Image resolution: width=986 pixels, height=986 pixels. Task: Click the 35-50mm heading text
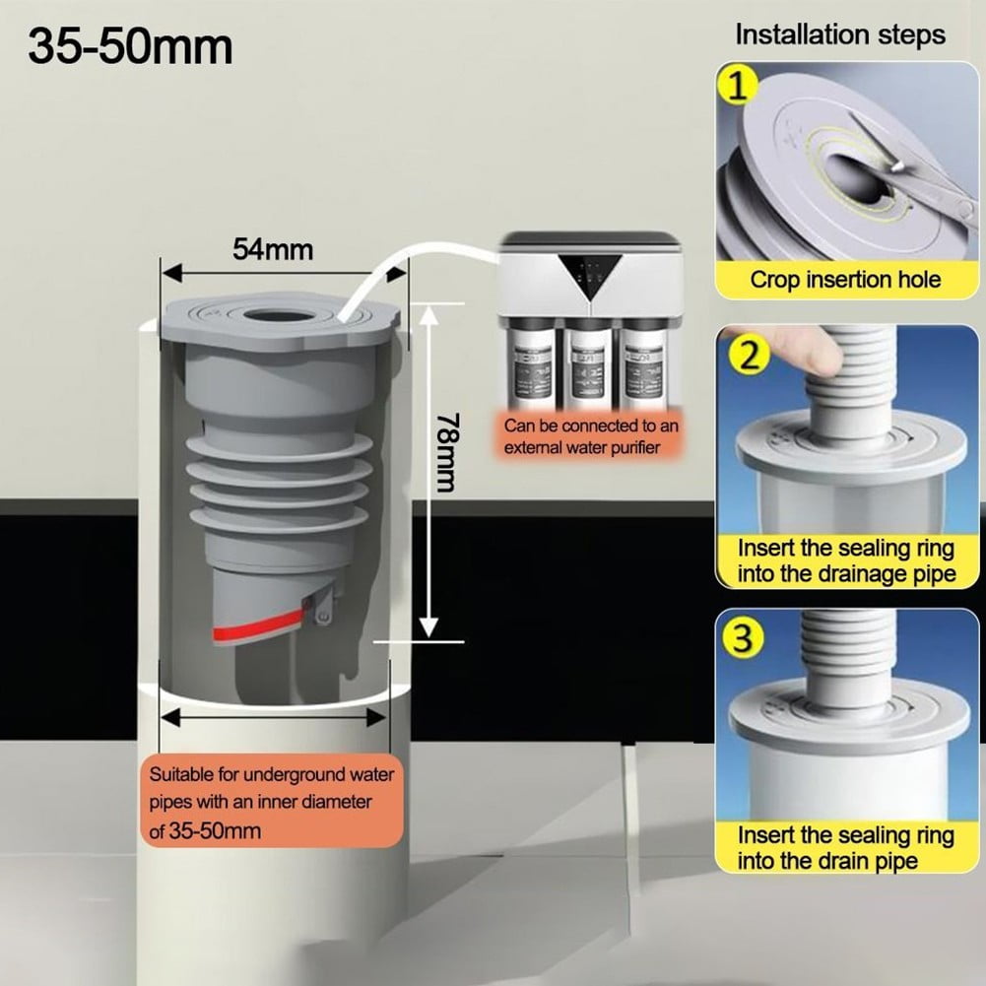(x=130, y=46)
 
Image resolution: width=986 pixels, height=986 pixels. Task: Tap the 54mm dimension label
(x=272, y=249)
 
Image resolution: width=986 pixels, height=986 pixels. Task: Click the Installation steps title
(x=839, y=35)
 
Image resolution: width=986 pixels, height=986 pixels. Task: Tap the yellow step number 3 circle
(x=743, y=639)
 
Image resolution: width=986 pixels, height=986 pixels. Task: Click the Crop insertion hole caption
(x=845, y=279)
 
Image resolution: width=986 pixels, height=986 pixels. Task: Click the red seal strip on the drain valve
(x=255, y=627)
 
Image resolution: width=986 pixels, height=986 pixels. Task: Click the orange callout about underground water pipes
(x=271, y=802)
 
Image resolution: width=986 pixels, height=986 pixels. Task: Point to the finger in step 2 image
(x=798, y=351)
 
